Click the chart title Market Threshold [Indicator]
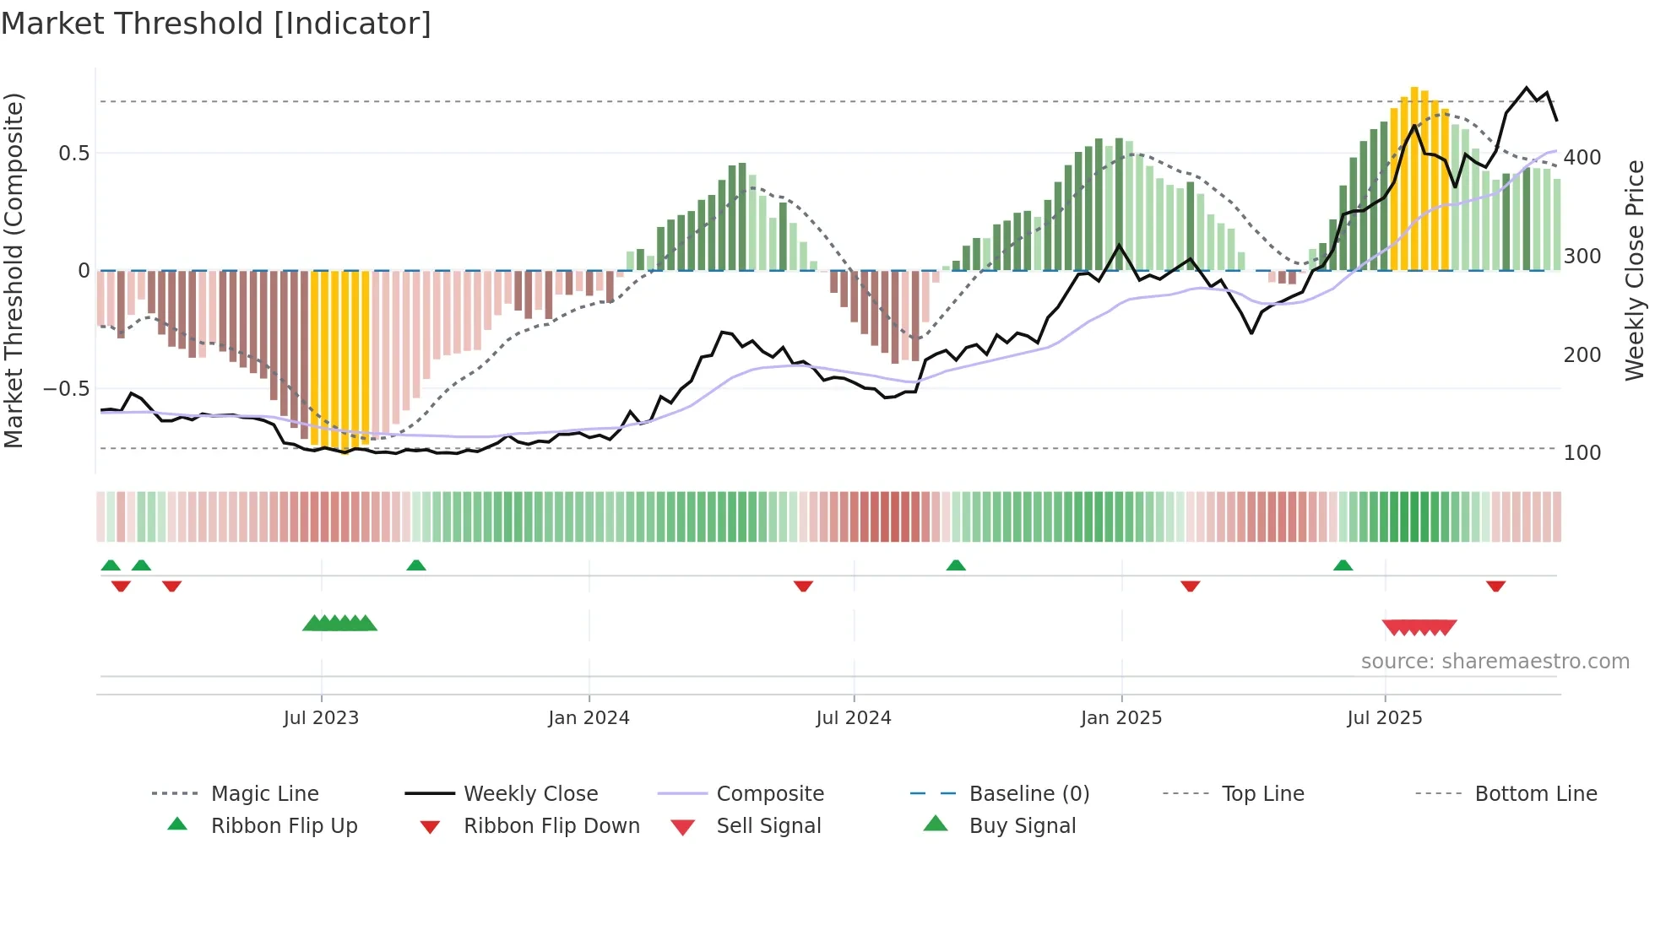click(x=216, y=24)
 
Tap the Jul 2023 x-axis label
click(x=321, y=718)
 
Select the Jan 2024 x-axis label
click(x=589, y=718)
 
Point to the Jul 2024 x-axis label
click(x=854, y=718)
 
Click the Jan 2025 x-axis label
click(x=1121, y=718)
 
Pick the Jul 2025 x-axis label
click(x=1385, y=718)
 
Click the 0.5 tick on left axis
click(x=73, y=154)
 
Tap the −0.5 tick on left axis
click(x=67, y=389)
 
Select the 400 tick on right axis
click(x=1582, y=158)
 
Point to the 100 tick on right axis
click(x=1582, y=453)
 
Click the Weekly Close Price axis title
click(x=1635, y=270)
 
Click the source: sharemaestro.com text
click(x=1495, y=662)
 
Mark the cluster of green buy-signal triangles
click(x=339, y=624)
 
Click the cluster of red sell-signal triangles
click(x=1419, y=627)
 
